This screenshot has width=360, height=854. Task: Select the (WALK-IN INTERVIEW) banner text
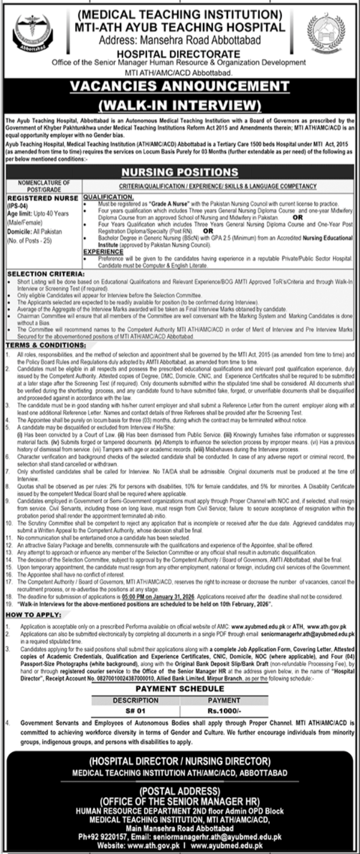[179, 105]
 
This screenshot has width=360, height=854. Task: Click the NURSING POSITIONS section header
[179, 172]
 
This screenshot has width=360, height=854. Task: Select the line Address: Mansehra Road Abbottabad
[179, 39]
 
